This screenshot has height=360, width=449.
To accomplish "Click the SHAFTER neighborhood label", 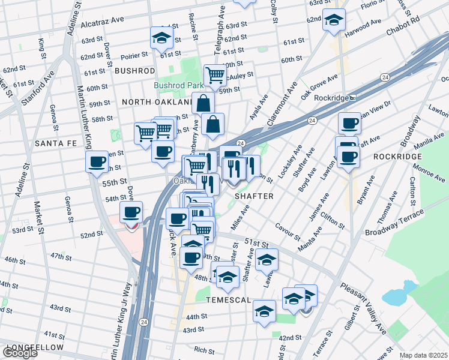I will pos(254,196).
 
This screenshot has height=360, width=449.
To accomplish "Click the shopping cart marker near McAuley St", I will pos(215,75).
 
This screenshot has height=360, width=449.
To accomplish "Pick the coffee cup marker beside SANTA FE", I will pos(97,161).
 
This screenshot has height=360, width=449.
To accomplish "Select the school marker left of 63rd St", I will pos(161,38).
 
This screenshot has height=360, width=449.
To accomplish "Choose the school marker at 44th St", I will pos(264,310).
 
